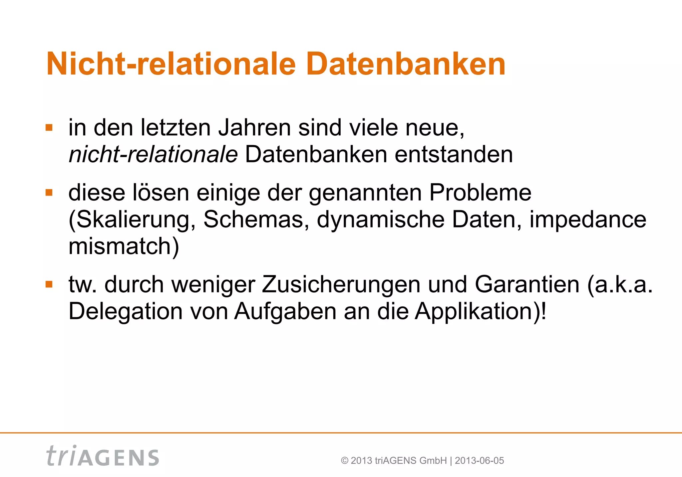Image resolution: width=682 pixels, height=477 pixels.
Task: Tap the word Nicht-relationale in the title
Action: [171, 64]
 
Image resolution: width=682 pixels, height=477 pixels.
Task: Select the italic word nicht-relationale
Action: [153, 155]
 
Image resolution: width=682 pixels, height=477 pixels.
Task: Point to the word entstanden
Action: [454, 155]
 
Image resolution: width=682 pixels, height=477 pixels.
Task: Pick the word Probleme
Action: [480, 193]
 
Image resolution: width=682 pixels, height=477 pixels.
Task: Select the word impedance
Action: [588, 220]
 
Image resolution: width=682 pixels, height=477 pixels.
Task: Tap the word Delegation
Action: [126, 311]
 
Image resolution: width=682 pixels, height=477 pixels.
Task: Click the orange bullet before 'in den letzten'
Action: [49, 128]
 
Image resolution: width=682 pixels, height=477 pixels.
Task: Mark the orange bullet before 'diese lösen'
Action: [49, 193]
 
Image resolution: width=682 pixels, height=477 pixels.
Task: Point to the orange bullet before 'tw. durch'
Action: [49, 284]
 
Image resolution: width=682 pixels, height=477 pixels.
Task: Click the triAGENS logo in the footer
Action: [103, 456]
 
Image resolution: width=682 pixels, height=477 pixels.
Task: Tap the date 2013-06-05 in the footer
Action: [479, 461]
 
